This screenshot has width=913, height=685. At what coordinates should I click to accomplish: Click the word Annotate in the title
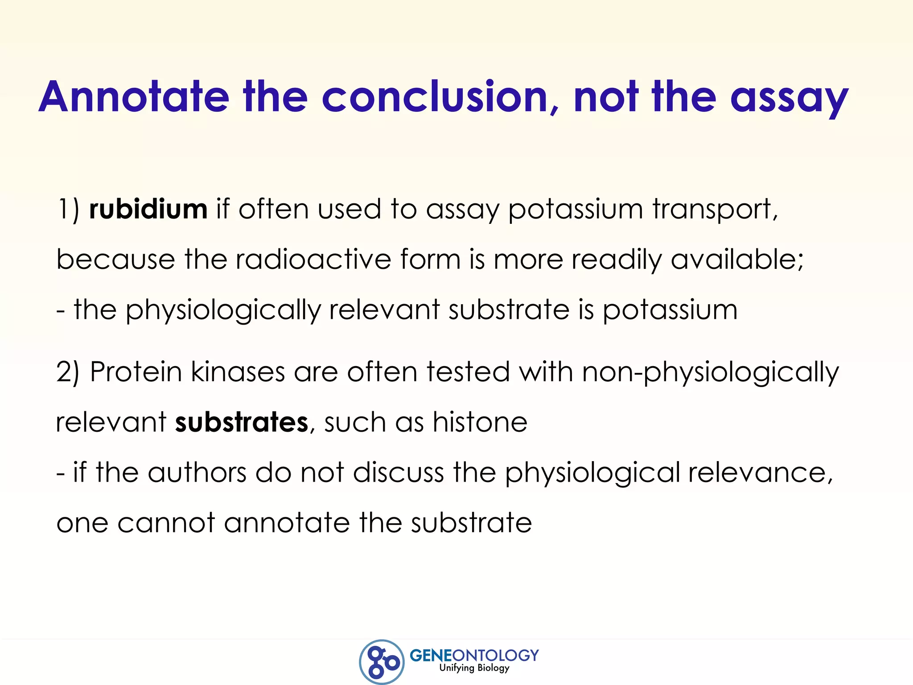click(x=134, y=97)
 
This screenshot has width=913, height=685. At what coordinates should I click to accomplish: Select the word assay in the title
click(x=789, y=99)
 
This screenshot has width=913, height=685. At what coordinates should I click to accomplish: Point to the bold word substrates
click(x=241, y=422)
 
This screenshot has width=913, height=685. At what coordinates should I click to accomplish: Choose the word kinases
click(x=238, y=371)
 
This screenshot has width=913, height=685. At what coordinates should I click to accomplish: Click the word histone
click(x=480, y=422)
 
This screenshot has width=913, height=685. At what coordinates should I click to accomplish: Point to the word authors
click(x=197, y=472)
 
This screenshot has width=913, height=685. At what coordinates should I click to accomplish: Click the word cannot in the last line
click(x=166, y=523)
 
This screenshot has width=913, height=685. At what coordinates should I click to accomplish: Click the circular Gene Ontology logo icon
click(x=382, y=662)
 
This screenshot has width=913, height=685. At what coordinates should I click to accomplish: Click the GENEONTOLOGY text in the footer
click(x=474, y=655)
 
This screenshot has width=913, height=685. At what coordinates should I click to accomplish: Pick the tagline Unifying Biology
click(x=474, y=668)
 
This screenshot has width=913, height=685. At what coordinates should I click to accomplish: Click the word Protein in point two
click(x=136, y=371)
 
